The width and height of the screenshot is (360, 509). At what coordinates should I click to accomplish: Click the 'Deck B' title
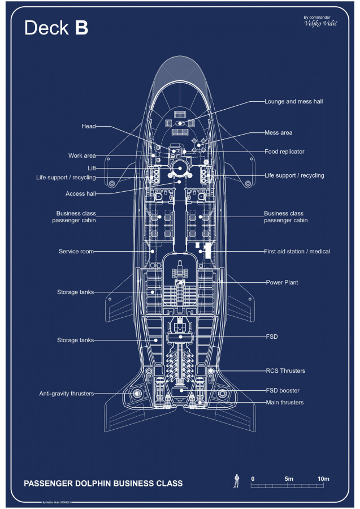(56, 28)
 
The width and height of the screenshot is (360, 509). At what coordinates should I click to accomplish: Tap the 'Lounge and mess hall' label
(293, 102)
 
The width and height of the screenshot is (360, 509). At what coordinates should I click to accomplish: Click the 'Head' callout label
(89, 126)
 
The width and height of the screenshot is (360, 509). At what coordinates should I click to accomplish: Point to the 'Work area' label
(82, 156)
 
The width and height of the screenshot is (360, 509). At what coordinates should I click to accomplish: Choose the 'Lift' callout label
(92, 168)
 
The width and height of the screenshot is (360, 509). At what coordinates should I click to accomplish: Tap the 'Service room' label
(76, 251)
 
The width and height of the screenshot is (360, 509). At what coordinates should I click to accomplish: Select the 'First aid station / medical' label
(297, 251)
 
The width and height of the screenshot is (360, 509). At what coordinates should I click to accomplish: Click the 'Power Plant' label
(282, 282)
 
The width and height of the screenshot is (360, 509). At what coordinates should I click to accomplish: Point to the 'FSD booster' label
(283, 390)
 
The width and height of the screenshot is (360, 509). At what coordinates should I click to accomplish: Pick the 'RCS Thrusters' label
(285, 371)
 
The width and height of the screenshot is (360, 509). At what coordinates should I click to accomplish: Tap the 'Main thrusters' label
(285, 402)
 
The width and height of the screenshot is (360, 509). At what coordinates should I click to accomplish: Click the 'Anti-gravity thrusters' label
(67, 393)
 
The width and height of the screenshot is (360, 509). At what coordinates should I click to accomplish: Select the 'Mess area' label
(279, 132)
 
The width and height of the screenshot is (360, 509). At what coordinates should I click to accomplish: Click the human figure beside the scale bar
(236, 481)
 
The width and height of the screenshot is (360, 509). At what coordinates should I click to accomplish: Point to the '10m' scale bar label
(323, 479)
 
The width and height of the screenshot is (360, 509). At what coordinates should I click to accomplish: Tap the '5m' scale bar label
(289, 479)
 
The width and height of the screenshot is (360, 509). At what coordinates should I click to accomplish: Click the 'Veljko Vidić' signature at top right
(320, 24)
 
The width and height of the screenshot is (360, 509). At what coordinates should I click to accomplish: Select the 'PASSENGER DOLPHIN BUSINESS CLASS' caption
(103, 484)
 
